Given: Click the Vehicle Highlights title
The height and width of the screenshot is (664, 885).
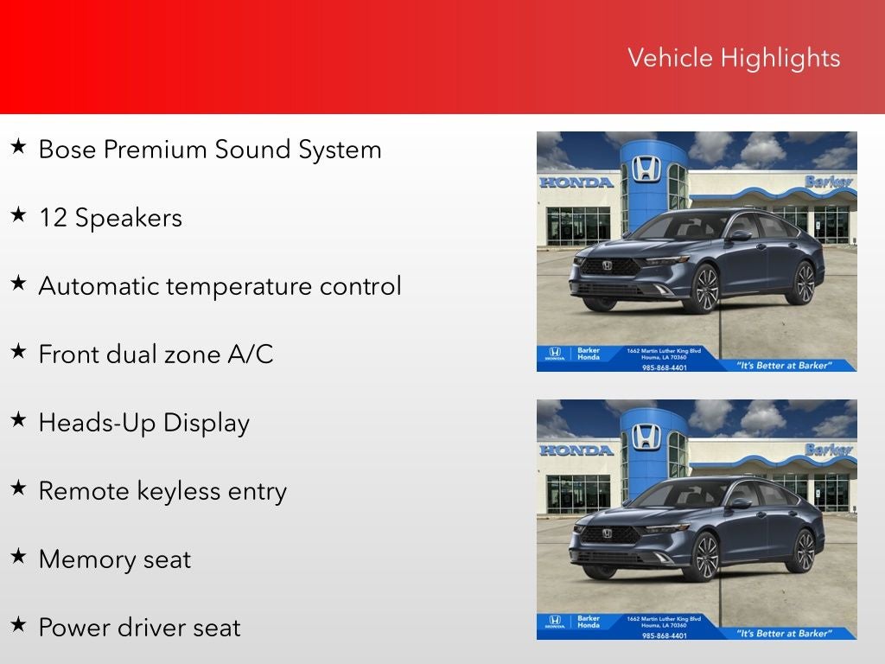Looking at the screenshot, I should pos(733,58).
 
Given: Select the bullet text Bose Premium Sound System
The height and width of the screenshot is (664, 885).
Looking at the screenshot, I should pos(210,150).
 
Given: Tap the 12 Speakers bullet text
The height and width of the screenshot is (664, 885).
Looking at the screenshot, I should pos(110,218).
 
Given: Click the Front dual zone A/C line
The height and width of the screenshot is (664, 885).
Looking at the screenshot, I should pos(156,354).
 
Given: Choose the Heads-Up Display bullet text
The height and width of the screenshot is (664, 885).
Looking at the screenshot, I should pos(143,423).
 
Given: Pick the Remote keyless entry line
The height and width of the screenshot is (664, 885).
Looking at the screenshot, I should pos(162,491).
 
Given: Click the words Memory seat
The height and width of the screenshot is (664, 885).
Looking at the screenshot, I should pos(114,559).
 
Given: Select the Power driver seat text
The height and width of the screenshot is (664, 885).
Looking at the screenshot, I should pos(139,628).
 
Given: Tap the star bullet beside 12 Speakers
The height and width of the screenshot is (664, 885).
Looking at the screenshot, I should pos(18,215).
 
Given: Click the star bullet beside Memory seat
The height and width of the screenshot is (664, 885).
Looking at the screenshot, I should pos(18,557).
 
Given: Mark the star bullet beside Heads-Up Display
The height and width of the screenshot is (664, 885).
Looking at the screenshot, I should pos(18,420).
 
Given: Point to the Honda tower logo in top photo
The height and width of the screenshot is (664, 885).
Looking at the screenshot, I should pos(646,168).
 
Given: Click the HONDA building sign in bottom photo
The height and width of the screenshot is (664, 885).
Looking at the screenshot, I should pos(576,450).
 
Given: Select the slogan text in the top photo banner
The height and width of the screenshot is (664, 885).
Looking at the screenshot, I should pos(783,365).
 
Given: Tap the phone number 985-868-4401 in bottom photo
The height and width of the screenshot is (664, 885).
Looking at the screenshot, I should pos(665,635).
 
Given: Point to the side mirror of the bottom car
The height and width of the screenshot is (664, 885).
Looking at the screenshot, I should pos(741,503).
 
